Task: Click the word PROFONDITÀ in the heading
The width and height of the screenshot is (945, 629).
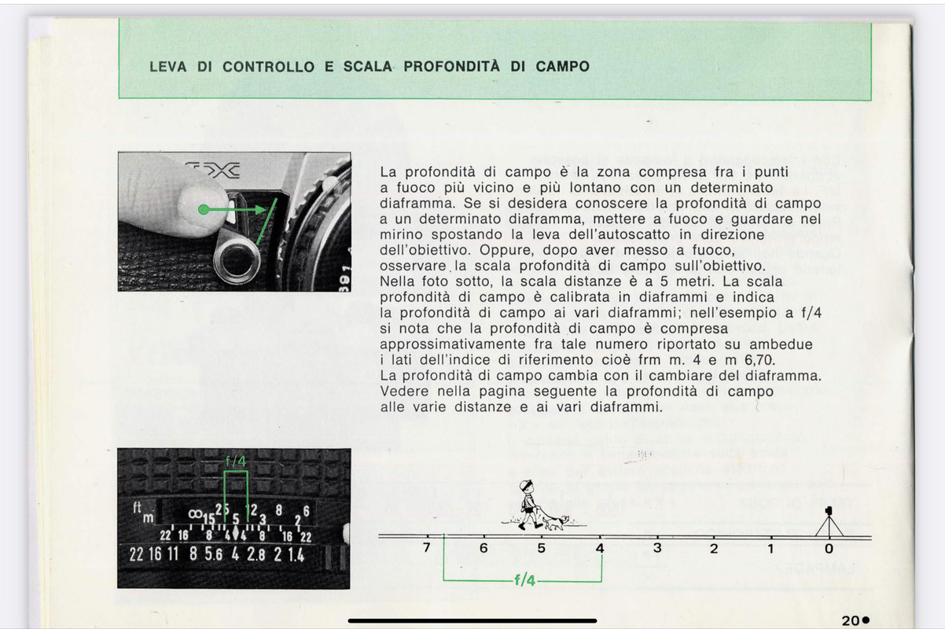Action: [451, 67]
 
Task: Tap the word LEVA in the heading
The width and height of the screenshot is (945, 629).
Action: [168, 67]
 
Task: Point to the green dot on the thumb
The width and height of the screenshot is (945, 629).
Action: [204, 209]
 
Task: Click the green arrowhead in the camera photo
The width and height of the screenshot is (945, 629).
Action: [261, 210]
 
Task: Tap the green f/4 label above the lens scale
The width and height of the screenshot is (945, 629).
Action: [235, 461]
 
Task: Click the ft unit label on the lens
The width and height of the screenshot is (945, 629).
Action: [137, 507]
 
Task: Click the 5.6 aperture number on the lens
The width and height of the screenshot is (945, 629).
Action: [214, 554]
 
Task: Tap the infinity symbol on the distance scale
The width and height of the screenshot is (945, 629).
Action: [195, 514]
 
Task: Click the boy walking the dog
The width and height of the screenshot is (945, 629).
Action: [528, 504]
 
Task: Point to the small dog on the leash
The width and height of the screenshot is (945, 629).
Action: [557, 524]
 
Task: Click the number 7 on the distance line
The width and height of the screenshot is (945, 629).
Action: [427, 547]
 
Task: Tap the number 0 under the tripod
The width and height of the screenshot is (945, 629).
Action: [829, 549]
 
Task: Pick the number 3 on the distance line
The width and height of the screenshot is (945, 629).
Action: [657, 548]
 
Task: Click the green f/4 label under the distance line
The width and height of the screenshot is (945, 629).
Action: [525, 580]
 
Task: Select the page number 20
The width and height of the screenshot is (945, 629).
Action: [851, 620]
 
